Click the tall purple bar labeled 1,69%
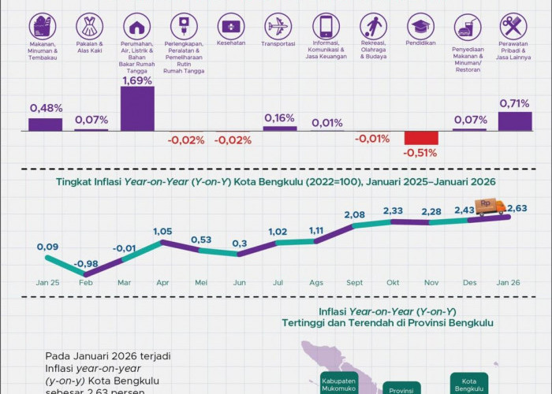click(x=137, y=108)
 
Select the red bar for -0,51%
click(x=420, y=137)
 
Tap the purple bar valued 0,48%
click(x=45, y=124)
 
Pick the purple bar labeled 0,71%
click(x=514, y=121)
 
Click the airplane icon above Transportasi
click(x=279, y=26)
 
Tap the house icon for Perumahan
click(x=138, y=26)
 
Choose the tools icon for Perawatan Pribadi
click(x=514, y=26)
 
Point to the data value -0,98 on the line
click(x=85, y=263)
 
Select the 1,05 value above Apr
click(x=162, y=232)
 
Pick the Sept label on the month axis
click(x=354, y=282)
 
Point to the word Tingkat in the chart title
click(x=74, y=181)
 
